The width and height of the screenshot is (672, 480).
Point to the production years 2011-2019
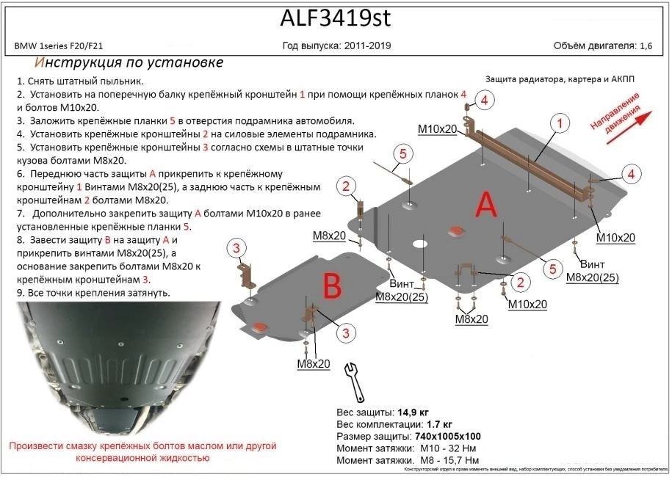coord(366,46)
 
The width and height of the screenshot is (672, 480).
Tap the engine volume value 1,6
coord(646,46)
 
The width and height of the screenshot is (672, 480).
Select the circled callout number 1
coord(560,123)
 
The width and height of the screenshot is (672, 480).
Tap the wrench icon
coord(354,381)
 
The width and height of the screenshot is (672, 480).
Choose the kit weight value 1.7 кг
coord(439,424)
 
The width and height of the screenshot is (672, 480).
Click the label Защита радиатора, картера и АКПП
coord(562,79)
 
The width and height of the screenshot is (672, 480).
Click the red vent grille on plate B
coord(260,327)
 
